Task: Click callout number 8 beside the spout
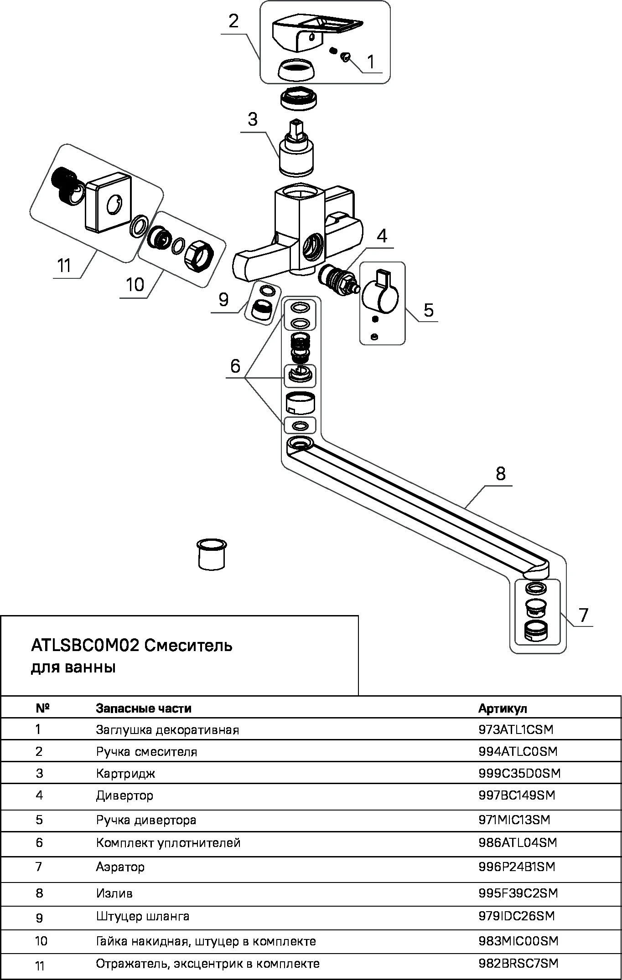(x=500, y=474)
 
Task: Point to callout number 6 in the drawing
(x=235, y=366)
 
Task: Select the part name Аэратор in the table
(x=120, y=867)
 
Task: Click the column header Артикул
(x=503, y=708)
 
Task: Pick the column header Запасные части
(x=143, y=708)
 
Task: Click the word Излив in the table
(x=114, y=893)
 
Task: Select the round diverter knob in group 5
(x=379, y=297)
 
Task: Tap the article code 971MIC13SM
(x=514, y=820)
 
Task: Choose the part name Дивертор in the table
(x=124, y=795)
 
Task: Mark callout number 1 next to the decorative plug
(x=371, y=62)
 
